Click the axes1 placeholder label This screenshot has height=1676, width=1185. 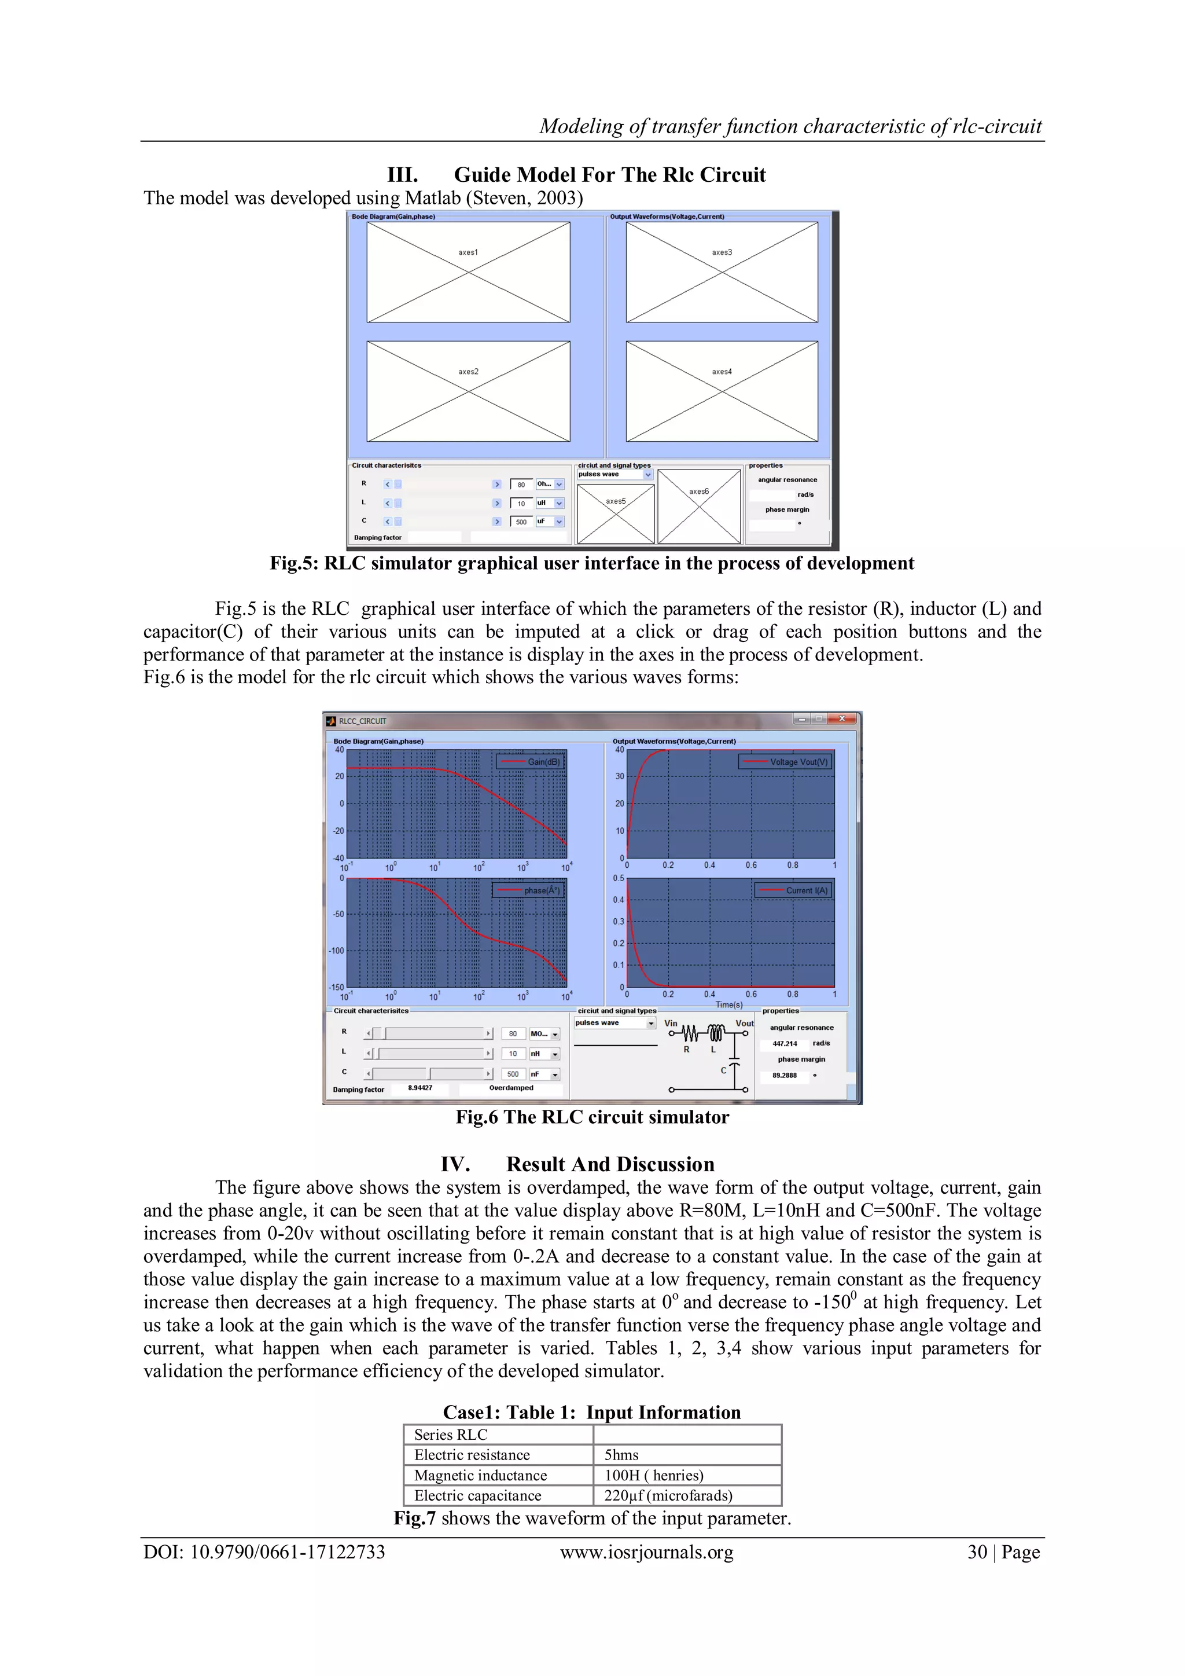coord(468,252)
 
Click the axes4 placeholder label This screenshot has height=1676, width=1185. coord(721,372)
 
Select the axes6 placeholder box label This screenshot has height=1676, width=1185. coord(698,492)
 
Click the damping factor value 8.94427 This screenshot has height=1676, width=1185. coord(419,1088)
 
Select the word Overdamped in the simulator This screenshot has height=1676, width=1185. coord(511,1088)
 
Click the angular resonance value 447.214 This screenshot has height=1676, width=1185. coord(785,1044)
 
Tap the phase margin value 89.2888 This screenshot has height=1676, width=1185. coord(785,1075)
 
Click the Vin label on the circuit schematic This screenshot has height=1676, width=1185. coord(671,1024)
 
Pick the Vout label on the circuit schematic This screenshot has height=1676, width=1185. coord(744,1024)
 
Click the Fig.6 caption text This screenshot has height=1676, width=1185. coord(592,1117)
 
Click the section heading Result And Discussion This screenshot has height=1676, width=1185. coord(610,1164)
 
